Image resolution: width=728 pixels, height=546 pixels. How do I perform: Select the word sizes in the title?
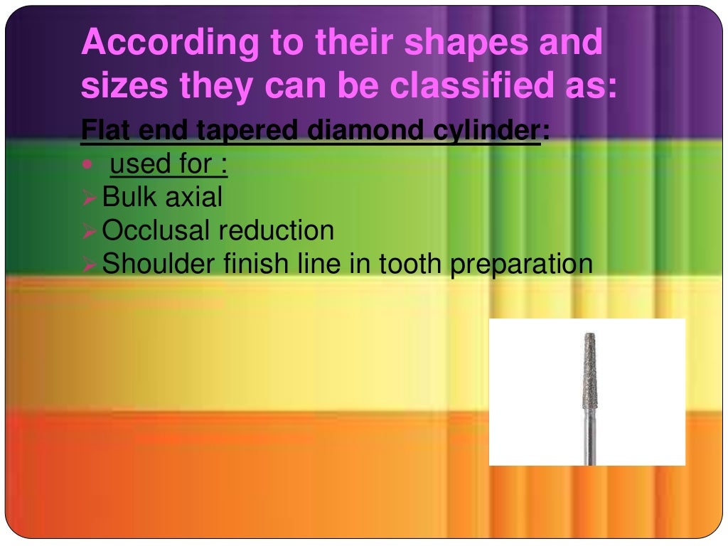pyautogui.click(x=124, y=87)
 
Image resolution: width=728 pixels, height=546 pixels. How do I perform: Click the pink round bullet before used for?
pyautogui.click(x=87, y=165)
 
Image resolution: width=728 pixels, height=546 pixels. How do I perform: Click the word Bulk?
pyautogui.click(x=130, y=197)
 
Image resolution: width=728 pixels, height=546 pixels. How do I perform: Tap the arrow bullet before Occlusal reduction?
pyautogui.click(x=90, y=231)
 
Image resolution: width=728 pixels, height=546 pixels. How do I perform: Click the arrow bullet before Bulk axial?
pyautogui.click(x=90, y=198)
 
